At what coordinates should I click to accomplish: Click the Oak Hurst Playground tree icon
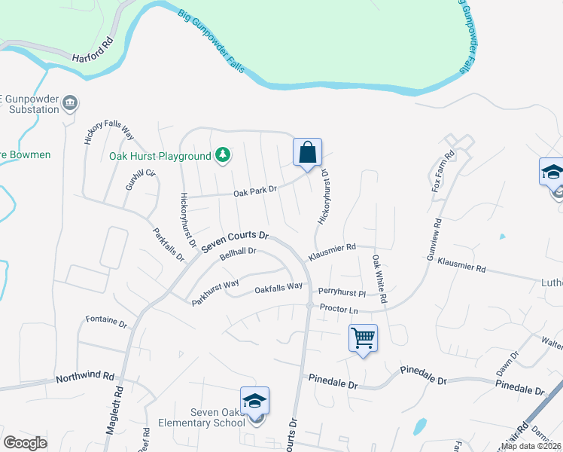click(223, 156)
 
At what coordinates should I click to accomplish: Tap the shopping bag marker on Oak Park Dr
click(307, 153)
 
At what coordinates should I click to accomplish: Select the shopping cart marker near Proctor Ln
click(363, 337)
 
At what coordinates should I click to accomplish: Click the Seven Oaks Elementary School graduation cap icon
click(254, 402)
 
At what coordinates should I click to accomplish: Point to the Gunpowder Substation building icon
click(70, 102)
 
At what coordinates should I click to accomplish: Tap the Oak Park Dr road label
click(256, 193)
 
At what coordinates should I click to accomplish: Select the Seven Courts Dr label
click(235, 242)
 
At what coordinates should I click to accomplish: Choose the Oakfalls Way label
click(278, 287)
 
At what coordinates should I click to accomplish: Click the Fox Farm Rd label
click(443, 171)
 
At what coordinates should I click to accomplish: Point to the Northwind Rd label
click(84, 376)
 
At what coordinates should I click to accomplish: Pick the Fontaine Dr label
click(105, 321)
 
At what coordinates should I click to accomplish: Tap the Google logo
click(25, 443)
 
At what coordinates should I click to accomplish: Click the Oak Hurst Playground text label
click(160, 156)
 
